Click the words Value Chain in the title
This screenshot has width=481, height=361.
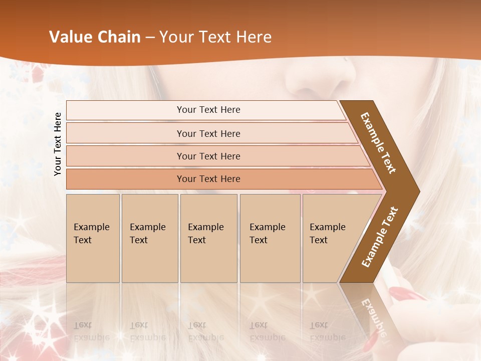coord(95,37)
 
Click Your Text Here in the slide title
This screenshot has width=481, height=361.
coord(215,37)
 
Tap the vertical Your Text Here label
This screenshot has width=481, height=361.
coord(58,144)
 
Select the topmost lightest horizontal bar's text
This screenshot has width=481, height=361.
coord(208,110)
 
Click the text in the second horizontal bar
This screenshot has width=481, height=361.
coord(208,133)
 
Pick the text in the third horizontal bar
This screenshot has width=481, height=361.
coord(208,156)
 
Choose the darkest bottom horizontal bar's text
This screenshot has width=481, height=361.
coord(208,179)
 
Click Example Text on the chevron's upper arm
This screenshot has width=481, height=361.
coord(378,142)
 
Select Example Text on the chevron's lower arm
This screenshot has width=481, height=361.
coord(380,237)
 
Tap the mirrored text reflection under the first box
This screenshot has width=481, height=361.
coord(92,331)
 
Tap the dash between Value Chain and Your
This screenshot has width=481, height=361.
coord(150,38)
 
